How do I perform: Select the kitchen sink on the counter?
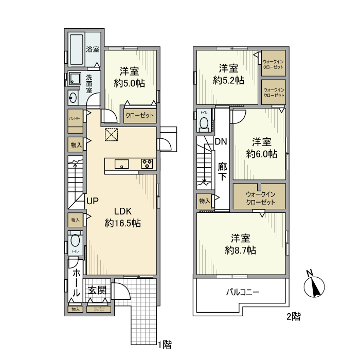pos(122,165)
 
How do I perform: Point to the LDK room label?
pos(123,211)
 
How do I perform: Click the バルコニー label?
pos(242,292)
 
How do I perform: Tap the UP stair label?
pos(92,201)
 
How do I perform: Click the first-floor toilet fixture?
pos(75,241)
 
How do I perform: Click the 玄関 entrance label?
pos(96,291)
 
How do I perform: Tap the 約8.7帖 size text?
pos(241,250)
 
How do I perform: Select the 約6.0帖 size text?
pos(262,153)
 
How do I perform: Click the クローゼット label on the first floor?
pos(139,116)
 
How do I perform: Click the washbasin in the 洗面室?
pos(73,98)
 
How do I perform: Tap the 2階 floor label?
pos(293,317)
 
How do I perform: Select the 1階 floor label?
pos(164,344)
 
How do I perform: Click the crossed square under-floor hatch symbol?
pos(111,134)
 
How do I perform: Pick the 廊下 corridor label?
pos(222,172)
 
